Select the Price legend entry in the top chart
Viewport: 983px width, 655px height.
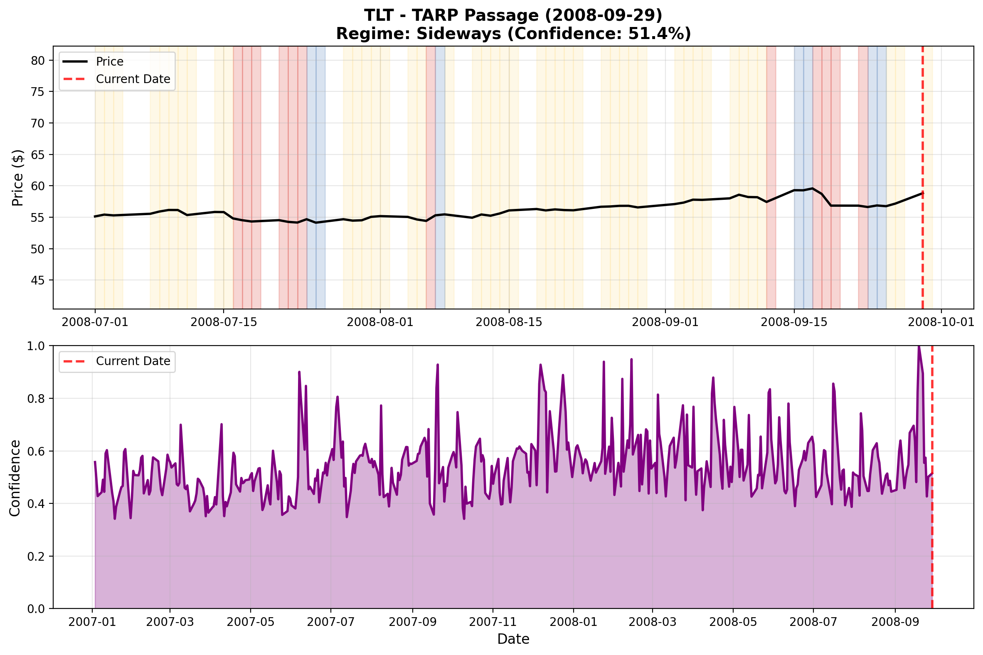(x=109, y=61)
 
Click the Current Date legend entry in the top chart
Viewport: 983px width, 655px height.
(x=133, y=79)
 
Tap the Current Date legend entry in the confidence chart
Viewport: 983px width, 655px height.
(x=133, y=361)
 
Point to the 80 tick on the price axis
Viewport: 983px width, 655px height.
(x=37, y=61)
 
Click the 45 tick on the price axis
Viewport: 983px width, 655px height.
(x=37, y=280)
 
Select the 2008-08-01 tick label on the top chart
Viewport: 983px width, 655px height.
(x=380, y=322)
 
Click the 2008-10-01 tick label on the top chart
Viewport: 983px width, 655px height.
(x=941, y=322)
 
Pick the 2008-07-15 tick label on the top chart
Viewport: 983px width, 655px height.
(x=224, y=322)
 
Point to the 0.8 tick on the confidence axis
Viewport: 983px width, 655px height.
(x=35, y=398)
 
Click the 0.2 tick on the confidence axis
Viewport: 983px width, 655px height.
(x=35, y=557)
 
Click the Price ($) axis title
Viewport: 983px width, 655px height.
(x=17, y=178)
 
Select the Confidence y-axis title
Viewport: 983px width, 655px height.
(x=15, y=478)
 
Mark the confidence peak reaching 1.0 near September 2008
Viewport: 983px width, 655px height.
(x=919, y=347)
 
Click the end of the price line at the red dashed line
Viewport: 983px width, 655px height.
(x=922, y=194)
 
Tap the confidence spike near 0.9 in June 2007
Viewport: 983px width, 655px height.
(x=299, y=372)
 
